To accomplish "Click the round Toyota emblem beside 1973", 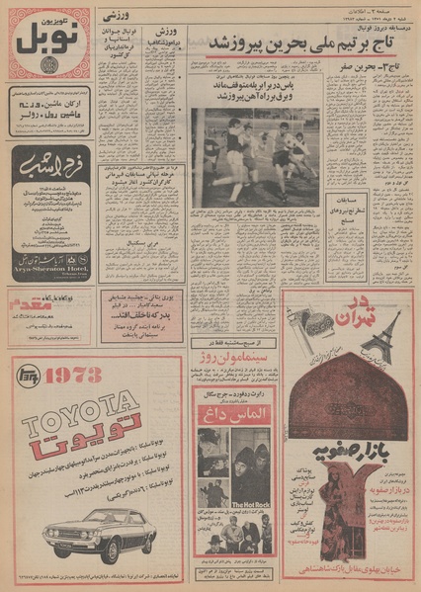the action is [29, 377].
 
